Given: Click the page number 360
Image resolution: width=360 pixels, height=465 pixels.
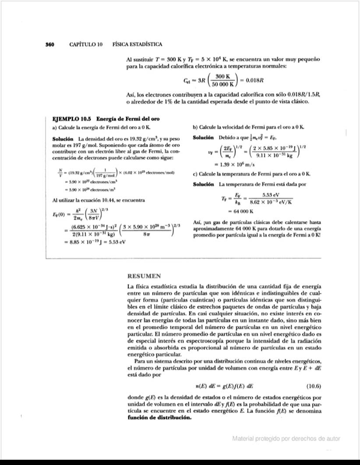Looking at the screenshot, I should click(49, 44).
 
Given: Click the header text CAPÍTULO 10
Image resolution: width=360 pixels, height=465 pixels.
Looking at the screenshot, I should click(86, 44).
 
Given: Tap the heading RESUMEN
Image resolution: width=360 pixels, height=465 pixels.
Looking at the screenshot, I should click(144, 276).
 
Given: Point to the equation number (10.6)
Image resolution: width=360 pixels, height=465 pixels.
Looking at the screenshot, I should click(312, 386).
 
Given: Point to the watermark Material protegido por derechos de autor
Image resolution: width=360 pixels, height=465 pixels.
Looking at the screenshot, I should click(286, 439).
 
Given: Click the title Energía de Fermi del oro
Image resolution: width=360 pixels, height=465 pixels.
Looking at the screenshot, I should click(128, 119).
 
